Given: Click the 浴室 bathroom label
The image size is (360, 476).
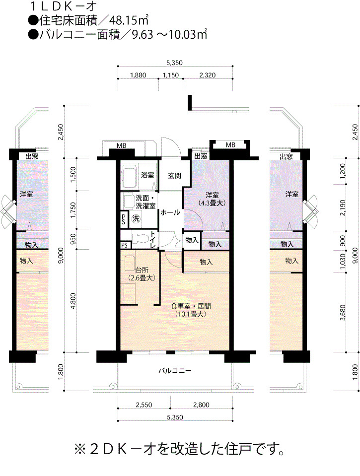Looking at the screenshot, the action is coord(147,175).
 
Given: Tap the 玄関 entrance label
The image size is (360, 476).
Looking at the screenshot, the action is coord(174,176).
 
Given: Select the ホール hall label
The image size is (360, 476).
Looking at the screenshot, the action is coord(170,212).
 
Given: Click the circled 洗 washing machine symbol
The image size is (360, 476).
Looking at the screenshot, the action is coord(136,218).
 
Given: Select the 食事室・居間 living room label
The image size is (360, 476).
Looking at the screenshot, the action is coord(191,306).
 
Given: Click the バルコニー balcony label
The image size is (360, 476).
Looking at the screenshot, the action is coord(175,371).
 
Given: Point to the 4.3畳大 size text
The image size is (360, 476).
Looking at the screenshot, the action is coord(212,203).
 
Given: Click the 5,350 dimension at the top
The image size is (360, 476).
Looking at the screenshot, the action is coord(174,63).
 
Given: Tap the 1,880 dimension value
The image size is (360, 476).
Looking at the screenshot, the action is coord(138,75).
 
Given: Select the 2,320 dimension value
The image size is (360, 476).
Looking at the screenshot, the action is coord(207,75).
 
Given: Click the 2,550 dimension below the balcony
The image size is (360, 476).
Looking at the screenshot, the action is coord(144,405).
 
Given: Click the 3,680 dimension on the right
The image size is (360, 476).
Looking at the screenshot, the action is coord(343,313).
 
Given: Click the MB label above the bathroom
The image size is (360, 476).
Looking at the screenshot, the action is coord(122,146).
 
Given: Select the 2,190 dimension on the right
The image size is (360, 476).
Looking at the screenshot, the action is coord(343,207).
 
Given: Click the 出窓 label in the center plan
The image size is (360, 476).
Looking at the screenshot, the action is coord(201,156).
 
